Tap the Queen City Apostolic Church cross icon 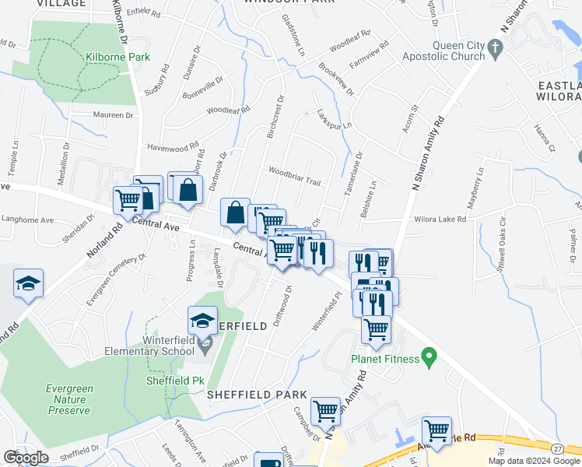coord(493,51)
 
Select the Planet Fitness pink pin coord(427,357)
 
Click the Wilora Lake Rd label coord(440,219)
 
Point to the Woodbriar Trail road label coord(294,176)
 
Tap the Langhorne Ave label coord(27,220)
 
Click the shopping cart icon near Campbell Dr coord(324,410)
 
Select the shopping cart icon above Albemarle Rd coord(436,430)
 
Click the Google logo coord(26,458)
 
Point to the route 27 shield coord(558,449)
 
